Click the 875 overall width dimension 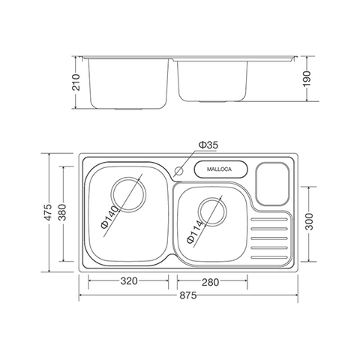coord(187,295)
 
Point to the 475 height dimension coord(46,214)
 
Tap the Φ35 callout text coord(208,145)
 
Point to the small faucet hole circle coord(179,172)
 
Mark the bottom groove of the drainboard coord(268,255)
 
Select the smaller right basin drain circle coord(210,212)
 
